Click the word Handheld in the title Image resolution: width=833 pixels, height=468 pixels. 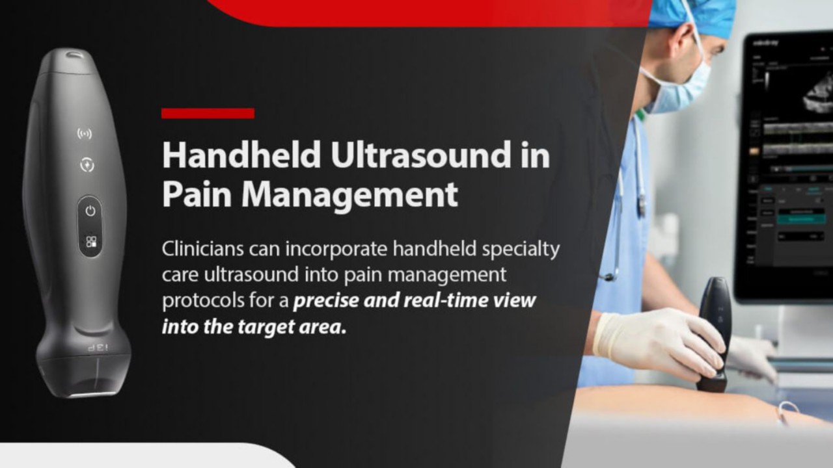tap(241, 155)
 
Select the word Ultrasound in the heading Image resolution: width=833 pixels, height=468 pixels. tap(420, 155)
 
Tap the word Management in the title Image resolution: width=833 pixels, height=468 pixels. tap(350, 196)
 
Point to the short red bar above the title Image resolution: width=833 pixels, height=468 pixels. tap(208, 113)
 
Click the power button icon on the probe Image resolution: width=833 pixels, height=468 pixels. tap(90, 211)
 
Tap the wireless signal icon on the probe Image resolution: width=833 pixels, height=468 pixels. tap(85, 133)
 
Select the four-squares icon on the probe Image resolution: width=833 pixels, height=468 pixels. tap(91, 242)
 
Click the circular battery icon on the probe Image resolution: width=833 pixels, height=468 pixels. tap(87, 164)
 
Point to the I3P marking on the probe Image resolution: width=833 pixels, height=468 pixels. tap(98, 348)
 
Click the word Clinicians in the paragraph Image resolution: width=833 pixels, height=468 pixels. tap(202, 249)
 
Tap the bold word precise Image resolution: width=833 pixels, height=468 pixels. tap(326, 301)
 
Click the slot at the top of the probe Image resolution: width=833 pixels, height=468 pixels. tap(75, 55)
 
